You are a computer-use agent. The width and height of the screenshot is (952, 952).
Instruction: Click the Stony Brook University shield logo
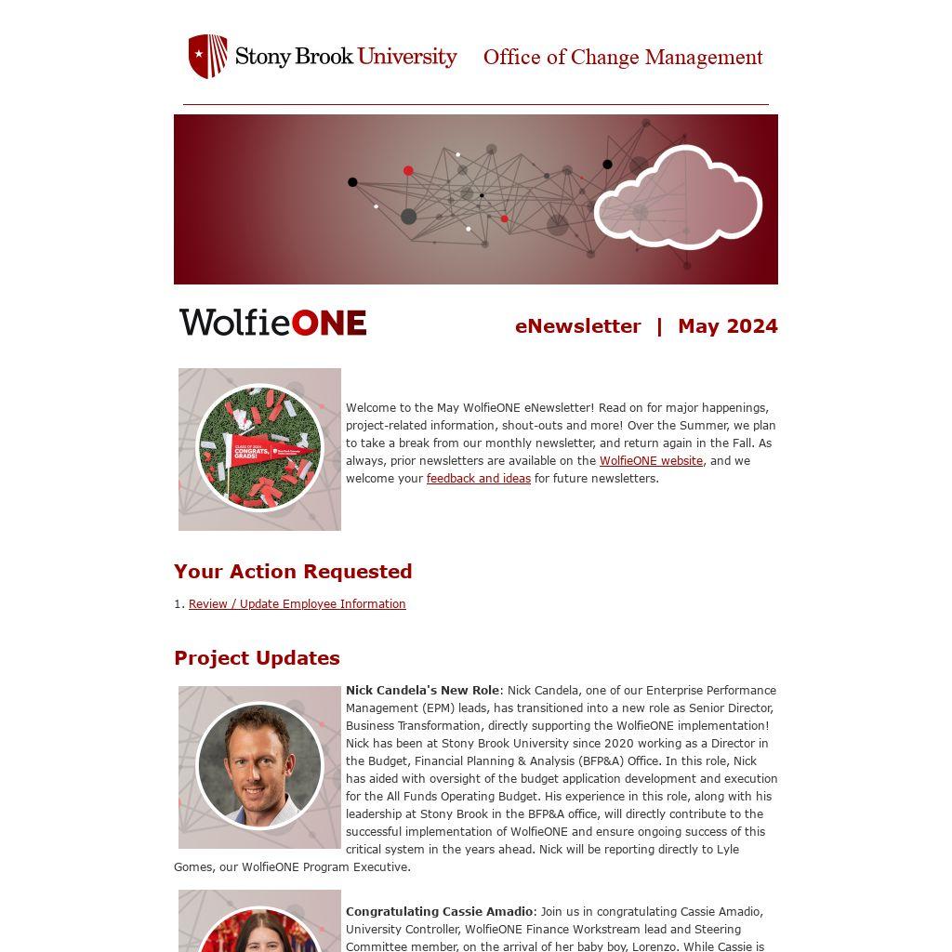click(207, 56)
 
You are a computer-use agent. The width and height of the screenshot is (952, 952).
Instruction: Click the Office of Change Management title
click(623, 58)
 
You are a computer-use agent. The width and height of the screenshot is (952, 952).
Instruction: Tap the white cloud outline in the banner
click(678, 198)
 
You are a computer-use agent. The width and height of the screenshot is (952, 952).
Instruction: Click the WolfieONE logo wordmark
click(273, 323)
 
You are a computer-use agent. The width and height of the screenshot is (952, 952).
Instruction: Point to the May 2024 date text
click(727, 326)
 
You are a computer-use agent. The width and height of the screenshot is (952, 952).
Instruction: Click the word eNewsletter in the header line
click(577, 326)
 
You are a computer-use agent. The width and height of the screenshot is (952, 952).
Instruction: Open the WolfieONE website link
click(651, 461)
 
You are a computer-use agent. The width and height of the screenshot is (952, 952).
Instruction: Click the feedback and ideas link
click(478, 479)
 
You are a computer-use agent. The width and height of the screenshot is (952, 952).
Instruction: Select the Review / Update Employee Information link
click(297, 604)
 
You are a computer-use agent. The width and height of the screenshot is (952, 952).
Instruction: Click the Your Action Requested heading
click(293, 572)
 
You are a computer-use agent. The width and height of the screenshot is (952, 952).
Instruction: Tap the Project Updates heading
click(257, 658)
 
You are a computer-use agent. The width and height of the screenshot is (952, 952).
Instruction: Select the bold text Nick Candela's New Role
click(422, 691)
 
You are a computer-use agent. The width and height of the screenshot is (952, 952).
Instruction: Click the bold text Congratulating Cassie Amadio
click(439, 912)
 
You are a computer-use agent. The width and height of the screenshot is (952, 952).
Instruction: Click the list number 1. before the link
click(178, 604)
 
